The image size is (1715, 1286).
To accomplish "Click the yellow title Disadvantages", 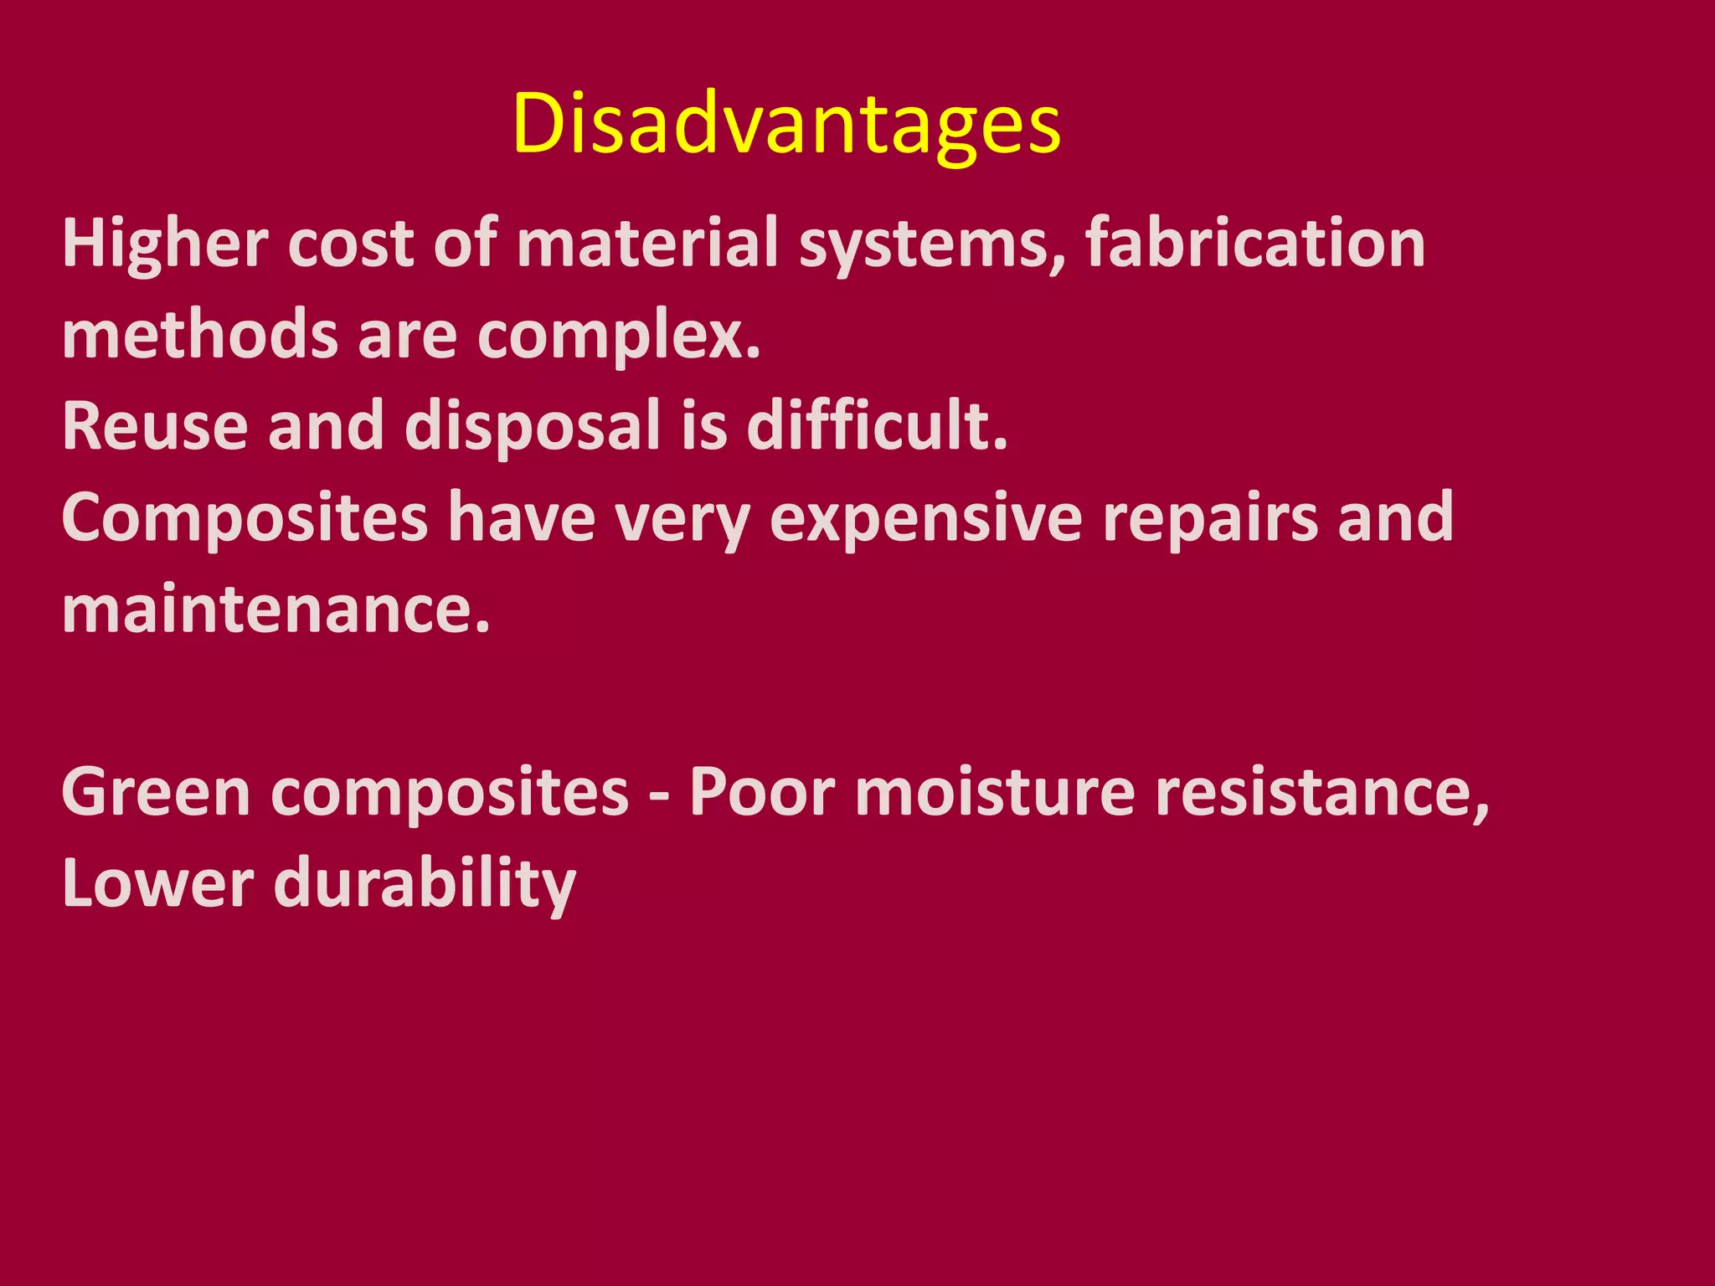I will [x=786, y=124].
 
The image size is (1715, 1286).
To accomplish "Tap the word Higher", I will [x=165, y=244].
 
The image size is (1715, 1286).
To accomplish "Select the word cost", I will [x=351, y=244].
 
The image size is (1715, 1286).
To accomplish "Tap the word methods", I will [x=200, y=334].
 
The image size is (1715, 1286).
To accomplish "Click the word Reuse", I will [x=155, y=425].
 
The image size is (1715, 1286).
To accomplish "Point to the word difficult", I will [x=877, y=425].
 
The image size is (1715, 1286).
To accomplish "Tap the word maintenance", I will [x=276, y=609].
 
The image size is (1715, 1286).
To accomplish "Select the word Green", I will [x=156, y=792].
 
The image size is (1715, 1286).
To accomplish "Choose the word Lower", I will [x=157, y=883].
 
